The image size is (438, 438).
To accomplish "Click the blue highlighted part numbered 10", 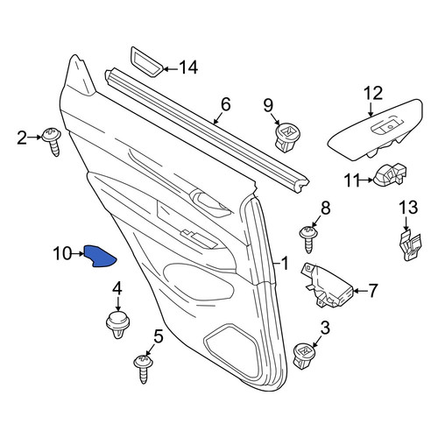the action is pos(99,257).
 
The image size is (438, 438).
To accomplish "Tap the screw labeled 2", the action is pos(53,141).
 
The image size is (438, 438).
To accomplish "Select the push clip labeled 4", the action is pos(117,324).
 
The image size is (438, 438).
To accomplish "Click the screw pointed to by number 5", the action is pos(144,369).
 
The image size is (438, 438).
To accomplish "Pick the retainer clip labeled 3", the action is pos(304,356).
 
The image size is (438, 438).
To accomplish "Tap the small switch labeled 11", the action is pos(390,174).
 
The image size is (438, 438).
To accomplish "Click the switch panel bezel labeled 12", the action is pos(375,130).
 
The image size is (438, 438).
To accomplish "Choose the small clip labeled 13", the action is pos(410,244).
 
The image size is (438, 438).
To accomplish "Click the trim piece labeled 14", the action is pos(146,61).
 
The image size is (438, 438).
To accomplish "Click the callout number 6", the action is pos(226,104).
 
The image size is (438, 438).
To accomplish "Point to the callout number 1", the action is pos(284,263).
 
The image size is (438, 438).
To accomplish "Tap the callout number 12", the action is pos(373,94).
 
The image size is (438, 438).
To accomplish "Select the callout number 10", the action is pos(62,253).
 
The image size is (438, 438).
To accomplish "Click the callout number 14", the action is pos(188,67).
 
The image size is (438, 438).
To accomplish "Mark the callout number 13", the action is pos(408,208).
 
